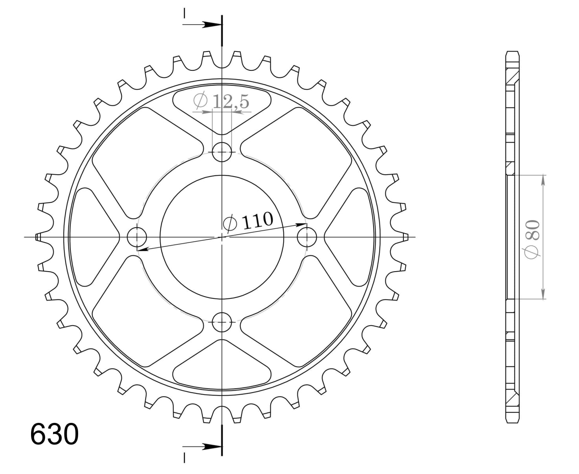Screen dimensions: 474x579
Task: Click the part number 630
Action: pos(54,434)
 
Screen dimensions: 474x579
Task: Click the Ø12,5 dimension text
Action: pos(222,101)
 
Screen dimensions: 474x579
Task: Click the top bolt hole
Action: pos(222,152)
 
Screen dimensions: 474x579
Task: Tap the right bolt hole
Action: pos(307,237)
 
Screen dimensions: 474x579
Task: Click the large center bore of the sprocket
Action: pos(222,237)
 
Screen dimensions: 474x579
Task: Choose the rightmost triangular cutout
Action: pos(350,237)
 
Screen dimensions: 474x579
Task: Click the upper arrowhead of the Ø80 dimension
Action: pos(543,180)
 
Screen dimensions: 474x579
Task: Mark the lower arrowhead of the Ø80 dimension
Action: pos(543,294)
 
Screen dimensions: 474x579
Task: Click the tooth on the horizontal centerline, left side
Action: pos(38,237)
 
